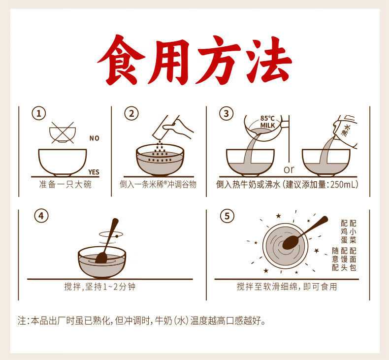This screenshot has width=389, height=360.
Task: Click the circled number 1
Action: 39,114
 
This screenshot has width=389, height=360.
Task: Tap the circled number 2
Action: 131,114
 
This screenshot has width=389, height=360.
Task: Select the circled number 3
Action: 226,114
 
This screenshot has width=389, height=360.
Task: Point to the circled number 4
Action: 41,216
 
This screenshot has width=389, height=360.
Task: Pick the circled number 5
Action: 227,216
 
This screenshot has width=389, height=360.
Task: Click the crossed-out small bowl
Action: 63,133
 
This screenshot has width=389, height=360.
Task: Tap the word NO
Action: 94,138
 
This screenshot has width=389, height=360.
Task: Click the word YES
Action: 94,172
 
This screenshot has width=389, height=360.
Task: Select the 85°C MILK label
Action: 267,122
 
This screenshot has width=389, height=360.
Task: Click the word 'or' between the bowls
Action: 289,170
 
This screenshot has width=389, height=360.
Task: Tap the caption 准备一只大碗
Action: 65,185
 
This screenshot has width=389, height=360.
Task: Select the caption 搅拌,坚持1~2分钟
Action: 100,287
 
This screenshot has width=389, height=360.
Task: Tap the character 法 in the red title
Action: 269,60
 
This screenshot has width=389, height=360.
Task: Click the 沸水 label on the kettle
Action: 346,131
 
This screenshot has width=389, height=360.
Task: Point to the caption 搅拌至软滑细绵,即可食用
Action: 287,287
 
